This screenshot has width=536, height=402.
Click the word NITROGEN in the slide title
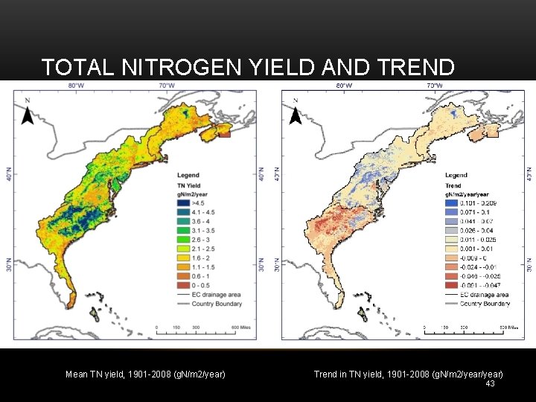coord(178,67)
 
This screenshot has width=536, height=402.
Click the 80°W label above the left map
coord(76,85)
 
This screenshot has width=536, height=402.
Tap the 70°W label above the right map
coord(433,85)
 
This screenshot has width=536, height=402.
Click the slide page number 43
coord(489,383)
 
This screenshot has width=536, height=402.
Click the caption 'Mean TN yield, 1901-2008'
coord(145,374)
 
